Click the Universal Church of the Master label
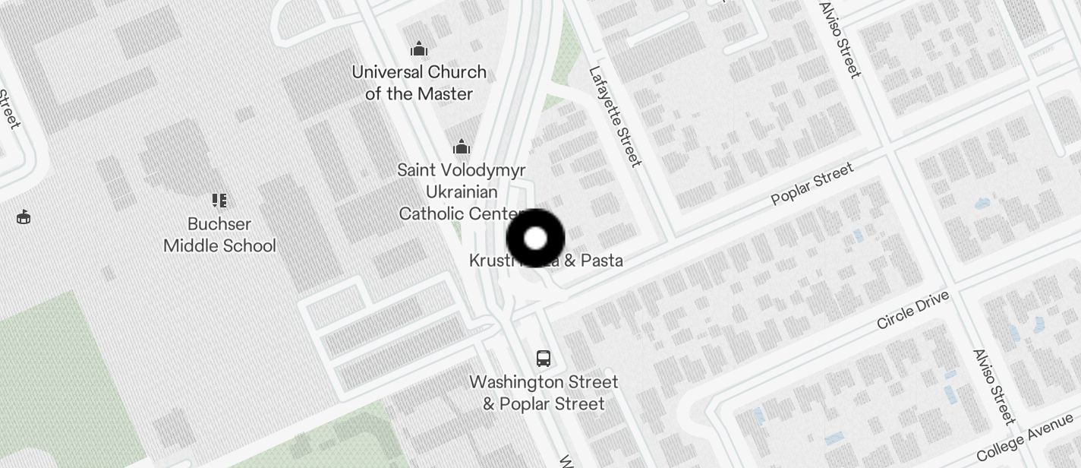pyautogui.click(x=419, y=83)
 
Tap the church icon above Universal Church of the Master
pyautogui.click(x=419, y=50)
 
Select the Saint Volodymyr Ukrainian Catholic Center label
pyautogui.click(x=461, y=191)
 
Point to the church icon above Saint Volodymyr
pyautogui.click(x=462, y=147)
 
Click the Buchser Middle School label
pyautogui.click(x=219, y=235)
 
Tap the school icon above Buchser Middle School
pyautogui.click(x=219, y=201)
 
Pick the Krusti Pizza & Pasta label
pyautogui.click(x=546, y=261)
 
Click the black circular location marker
pyautogui.click(x=535, y=238)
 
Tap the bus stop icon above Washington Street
pyautogui.click(x=544, y=358)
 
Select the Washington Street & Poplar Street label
pyautogui.click(x=544, y=392)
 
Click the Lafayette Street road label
pyautogui.click(x=616, y=115)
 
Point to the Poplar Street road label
pyautogui.click(x=812, y=184)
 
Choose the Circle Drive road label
pyautogui.click(x=912, y=310)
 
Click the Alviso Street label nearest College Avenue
pyautogui.click(x=994, y=387)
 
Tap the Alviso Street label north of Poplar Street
pyautogui.click(x=840, y=40)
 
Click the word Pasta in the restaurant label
pyautogui.click(x=602, y=261)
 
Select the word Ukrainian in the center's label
pyautogui.click(x=462, y=191)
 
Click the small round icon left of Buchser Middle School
pyautogui.click(x=24, y=217)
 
